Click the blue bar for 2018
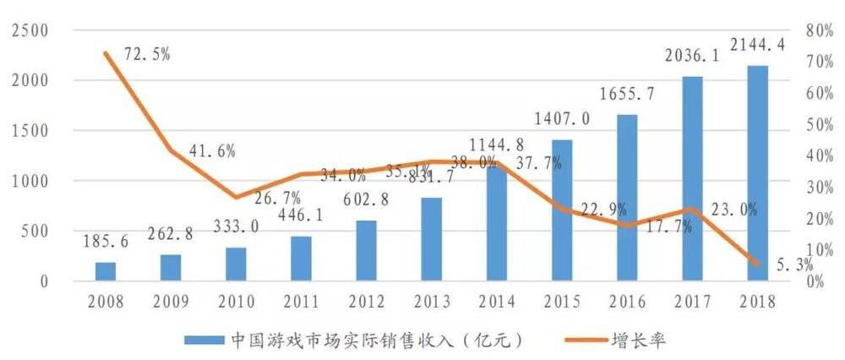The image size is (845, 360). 757,172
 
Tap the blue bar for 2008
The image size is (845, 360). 106,271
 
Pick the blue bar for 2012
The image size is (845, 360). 367,250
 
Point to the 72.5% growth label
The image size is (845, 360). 146,53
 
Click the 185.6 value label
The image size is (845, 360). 106,242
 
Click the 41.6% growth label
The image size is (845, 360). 211,151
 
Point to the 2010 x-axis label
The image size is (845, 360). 236,302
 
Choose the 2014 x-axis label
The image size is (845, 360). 496,302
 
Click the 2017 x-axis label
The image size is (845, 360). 691,302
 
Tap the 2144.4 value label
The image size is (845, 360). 757,44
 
